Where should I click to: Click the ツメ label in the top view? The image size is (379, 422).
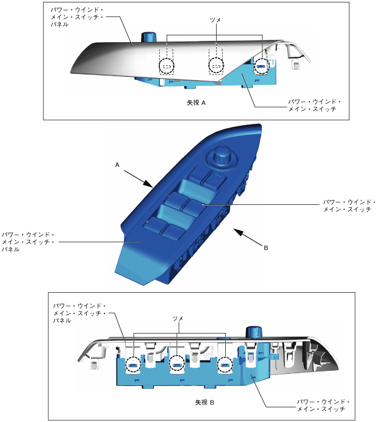click(214, 20)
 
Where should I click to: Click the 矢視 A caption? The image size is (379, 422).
click(196, 103)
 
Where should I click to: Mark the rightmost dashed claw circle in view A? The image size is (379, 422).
click(261, 66)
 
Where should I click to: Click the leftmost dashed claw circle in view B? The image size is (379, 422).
click(133, 365)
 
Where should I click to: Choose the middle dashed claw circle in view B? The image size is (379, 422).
click(176, 365)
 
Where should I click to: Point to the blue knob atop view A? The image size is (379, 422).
click(148, 37)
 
